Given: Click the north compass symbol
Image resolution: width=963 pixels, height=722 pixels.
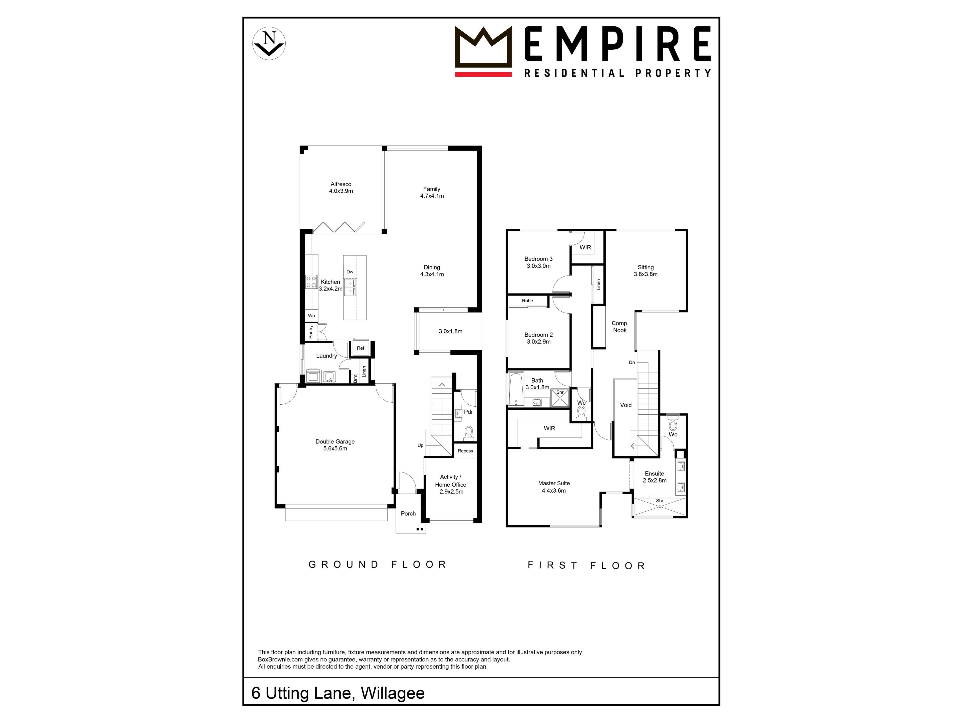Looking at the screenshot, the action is (269, 44).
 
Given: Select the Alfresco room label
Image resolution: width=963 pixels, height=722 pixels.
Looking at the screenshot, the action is (341, 188).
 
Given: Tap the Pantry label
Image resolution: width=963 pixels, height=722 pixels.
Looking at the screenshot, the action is (311, 332).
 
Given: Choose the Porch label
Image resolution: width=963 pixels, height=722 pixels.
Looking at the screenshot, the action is (408, 513).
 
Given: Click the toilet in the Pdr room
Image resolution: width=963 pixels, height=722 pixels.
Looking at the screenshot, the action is (468, 433).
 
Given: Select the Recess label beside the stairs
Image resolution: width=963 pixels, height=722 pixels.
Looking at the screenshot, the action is (465, 451).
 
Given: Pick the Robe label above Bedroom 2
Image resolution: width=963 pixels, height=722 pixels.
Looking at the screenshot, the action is (527, 301).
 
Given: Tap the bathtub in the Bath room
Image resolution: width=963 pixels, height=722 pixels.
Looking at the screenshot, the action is (516, 389).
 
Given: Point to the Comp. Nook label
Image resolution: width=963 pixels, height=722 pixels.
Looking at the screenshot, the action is (620, 326).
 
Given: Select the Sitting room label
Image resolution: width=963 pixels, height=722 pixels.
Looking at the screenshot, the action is (646, 271).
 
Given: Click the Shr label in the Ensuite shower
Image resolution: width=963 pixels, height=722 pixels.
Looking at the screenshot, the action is (660, 501).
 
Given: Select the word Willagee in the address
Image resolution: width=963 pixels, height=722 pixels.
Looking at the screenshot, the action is (393, 693).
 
